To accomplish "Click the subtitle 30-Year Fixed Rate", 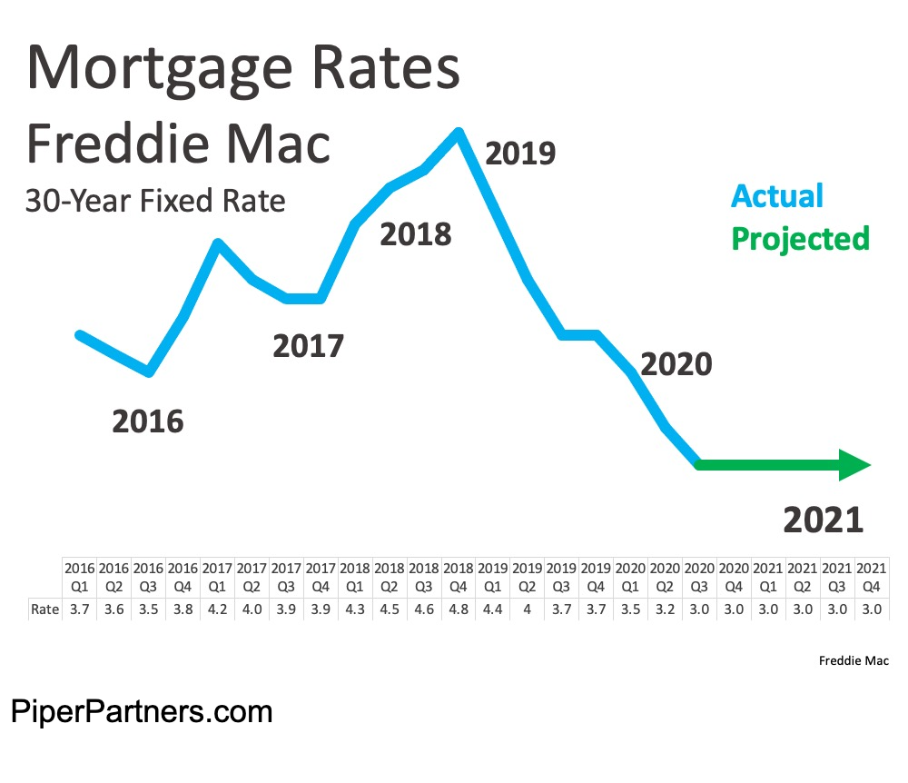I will [154, 201].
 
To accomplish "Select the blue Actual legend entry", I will [777, 195].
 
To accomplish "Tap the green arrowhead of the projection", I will [854, 464].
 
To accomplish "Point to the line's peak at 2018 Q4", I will [459, 134].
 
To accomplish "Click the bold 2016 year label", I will [147, 421].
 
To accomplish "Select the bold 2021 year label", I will [823, 520].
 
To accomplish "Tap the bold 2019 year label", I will [519, 154].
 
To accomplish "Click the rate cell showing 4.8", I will [459, 608].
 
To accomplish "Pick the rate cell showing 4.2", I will [217, 608].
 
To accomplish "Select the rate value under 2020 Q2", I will [665, 608].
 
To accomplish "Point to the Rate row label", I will [44, 608].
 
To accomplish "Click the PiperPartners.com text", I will [142, 710].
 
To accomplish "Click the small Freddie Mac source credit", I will [854, 660].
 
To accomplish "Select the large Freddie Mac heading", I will [178, 144].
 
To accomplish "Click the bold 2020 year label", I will [676, 364].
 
